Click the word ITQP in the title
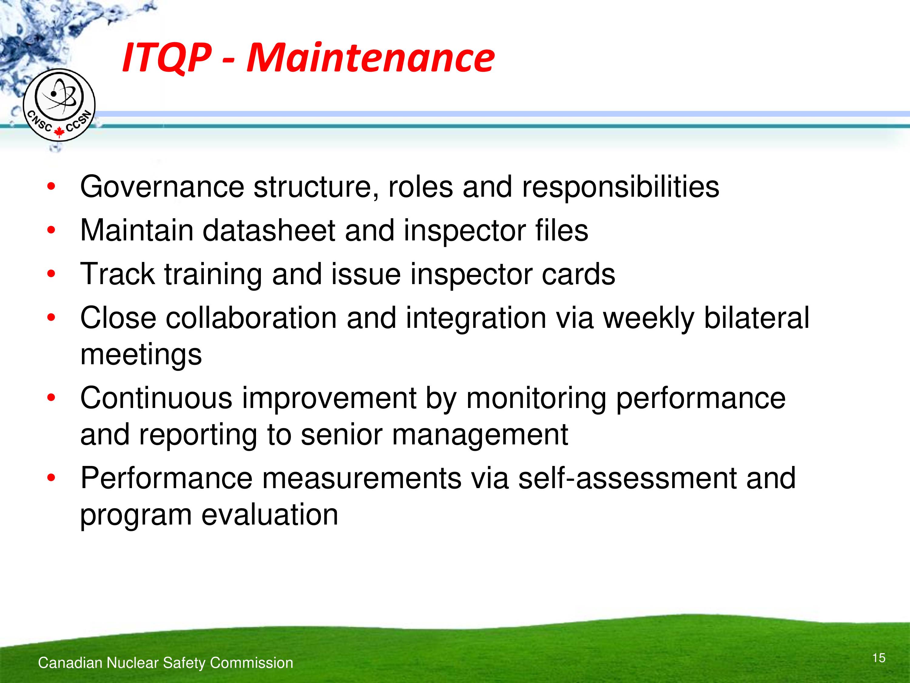(x=167, y=58)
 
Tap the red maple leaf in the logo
(x=59, y=132)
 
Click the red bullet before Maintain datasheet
(x=51, y=230)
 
